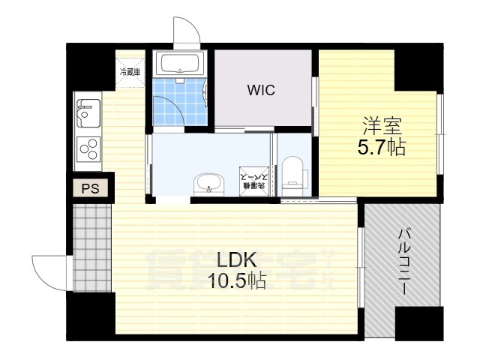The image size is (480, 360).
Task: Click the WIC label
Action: pos(261,91)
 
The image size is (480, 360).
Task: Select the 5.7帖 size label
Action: pos(380,147)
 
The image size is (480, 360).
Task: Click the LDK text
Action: pos(237,260)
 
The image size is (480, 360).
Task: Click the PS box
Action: pos(91,188)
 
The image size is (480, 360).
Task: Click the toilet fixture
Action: pos(293,173)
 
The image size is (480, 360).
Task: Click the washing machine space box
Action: pos(249,181)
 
